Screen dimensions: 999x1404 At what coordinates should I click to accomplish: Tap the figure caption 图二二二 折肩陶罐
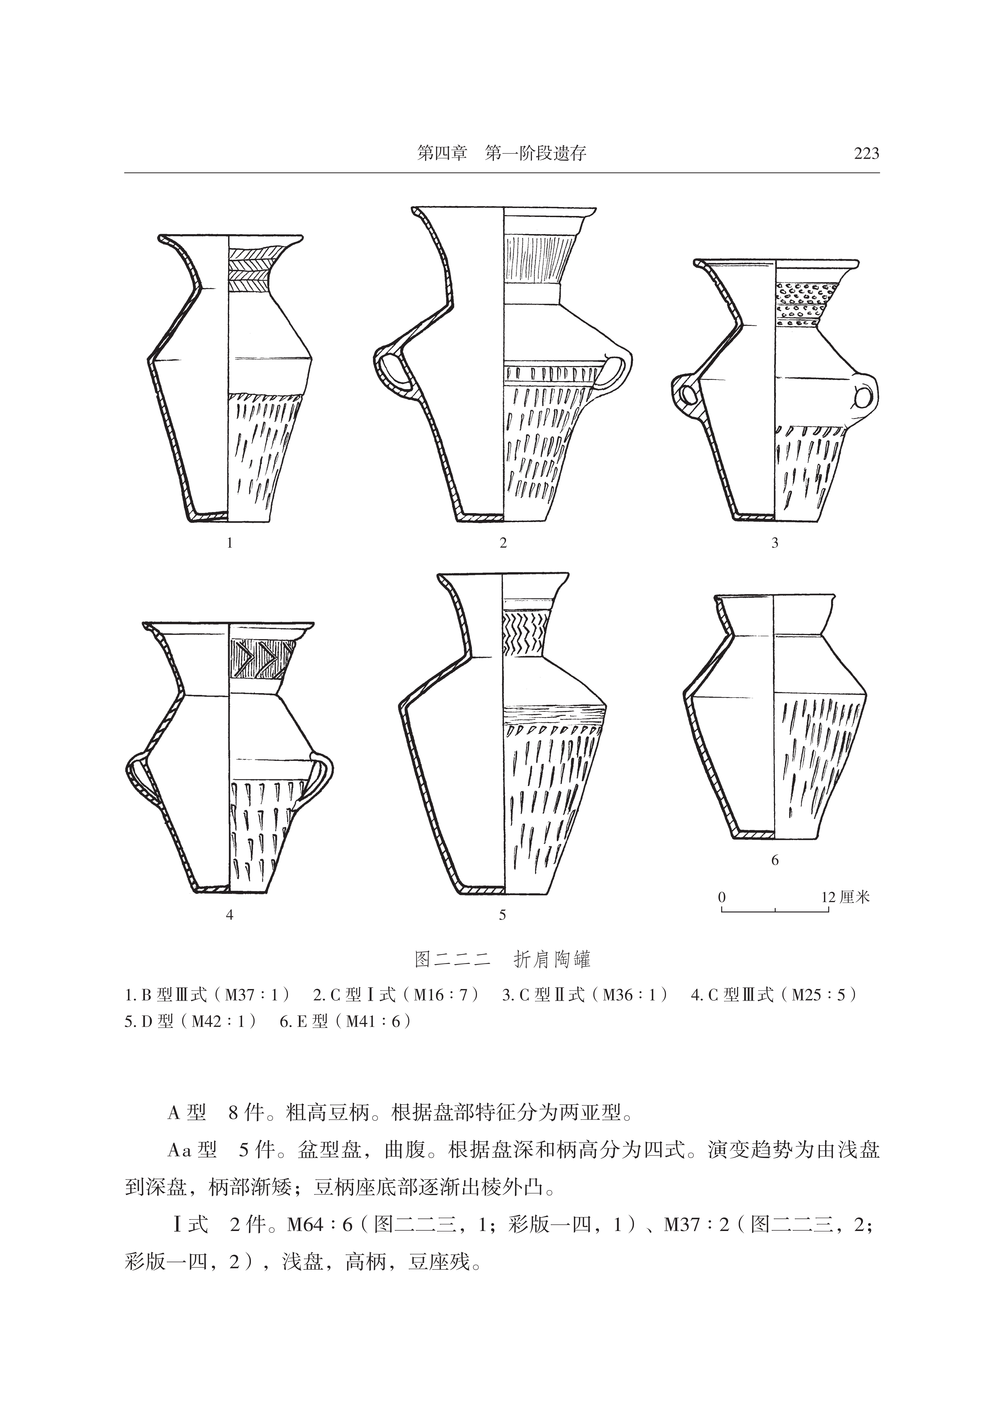502,960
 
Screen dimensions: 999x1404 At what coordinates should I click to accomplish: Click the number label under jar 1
229,543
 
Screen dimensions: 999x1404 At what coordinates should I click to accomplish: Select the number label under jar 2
503,543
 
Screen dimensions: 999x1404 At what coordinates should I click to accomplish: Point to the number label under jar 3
775,543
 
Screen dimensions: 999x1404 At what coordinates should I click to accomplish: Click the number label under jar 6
775,860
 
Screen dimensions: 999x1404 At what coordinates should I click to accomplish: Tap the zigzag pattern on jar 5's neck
524,633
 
